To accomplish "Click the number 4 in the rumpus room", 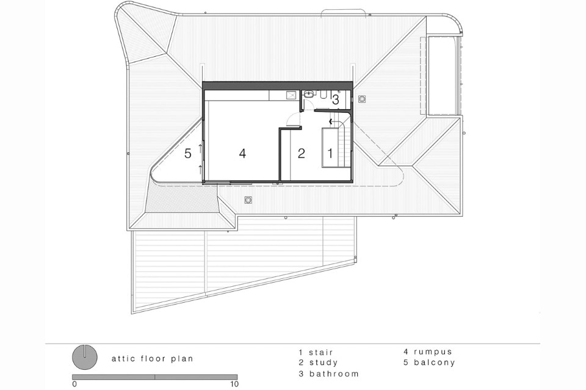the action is (x=242, y=153).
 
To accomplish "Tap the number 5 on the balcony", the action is (x=188, y=153).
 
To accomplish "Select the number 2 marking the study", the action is (x=301, y=153).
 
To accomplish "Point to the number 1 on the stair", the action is (x=330, y=153).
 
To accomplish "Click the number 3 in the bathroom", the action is (x=335, y=99).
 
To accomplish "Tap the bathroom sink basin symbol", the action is (x=309, y=95).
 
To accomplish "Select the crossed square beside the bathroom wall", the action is (x=291, y=95).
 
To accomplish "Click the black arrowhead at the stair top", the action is (x=330, y=121).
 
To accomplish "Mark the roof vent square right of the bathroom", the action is (x=362, y=99).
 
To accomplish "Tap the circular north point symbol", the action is (x=85, y=356).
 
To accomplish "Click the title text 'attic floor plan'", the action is (x=153, y=359).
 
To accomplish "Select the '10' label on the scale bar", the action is (x=234, y=384).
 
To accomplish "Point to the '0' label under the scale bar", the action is (x=74, y=384).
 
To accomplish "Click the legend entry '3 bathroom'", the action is (x=328, y=374).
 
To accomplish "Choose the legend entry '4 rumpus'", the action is (x=427, y=352).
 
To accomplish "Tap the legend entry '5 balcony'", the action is (x=429, y=363).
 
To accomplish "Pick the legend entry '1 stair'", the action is (x=316, y=352).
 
